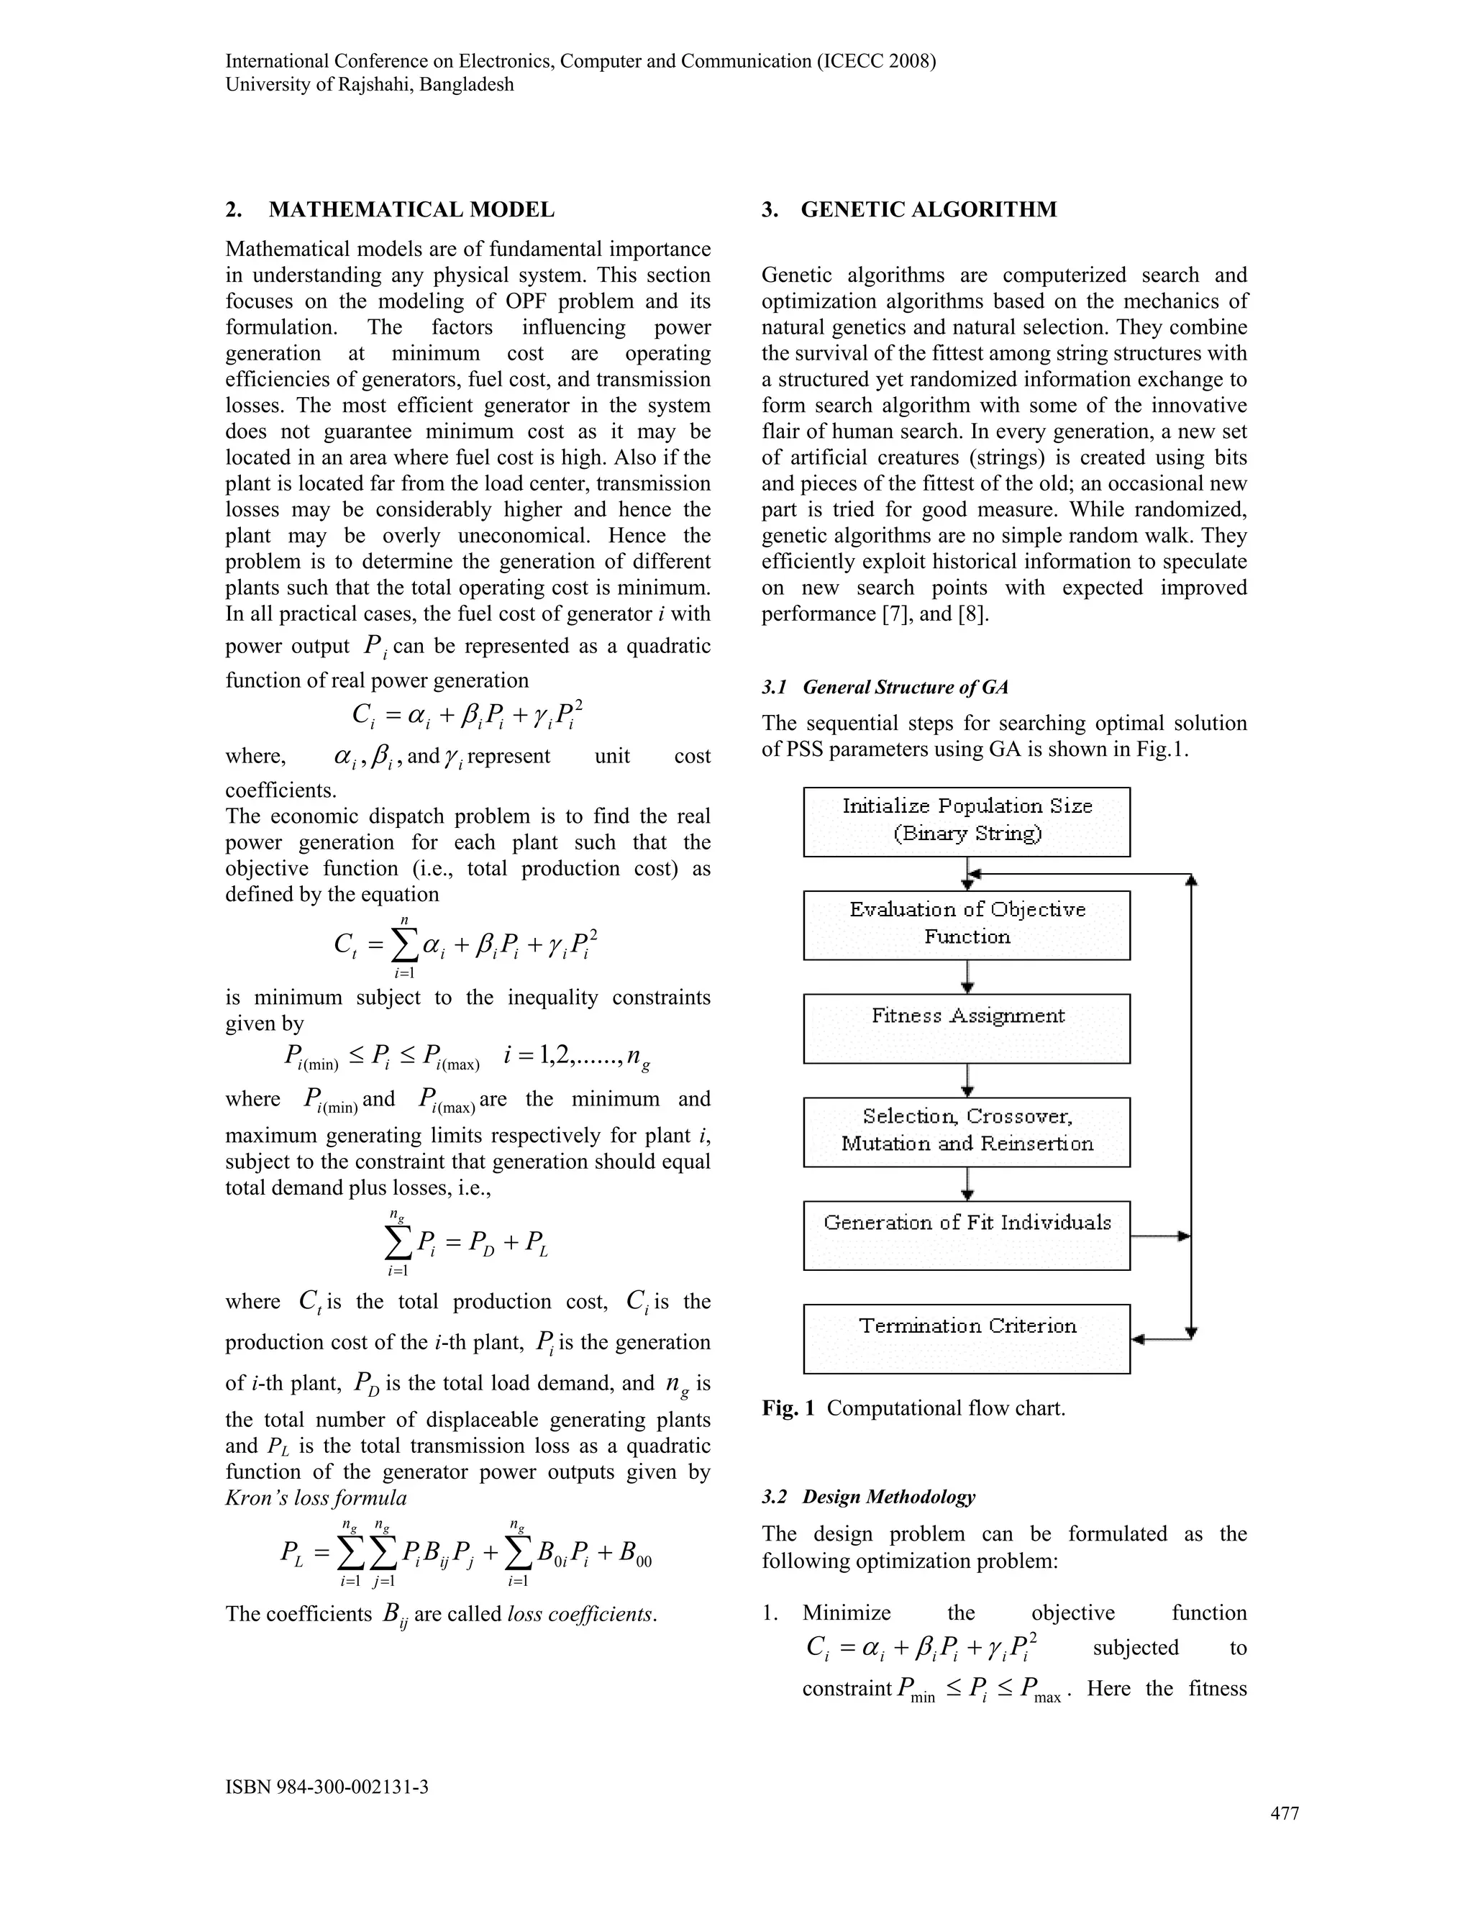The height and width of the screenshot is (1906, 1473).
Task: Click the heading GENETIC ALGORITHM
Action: click(928, 209)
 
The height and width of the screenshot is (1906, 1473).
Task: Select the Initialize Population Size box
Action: click(966, 821)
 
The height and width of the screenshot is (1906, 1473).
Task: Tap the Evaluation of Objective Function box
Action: click(966, 924)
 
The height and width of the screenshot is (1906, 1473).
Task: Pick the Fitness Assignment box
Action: click(966, 1027)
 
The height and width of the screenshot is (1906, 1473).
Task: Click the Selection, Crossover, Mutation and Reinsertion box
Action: click(966, 1131)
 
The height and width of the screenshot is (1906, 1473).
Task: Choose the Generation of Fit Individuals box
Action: click(966, 1234)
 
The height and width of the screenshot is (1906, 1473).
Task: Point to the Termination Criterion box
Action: click(966, 1338)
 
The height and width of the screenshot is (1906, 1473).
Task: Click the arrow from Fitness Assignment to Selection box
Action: click(967, 1080)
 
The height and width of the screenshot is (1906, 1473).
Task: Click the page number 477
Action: click(1284, 1813)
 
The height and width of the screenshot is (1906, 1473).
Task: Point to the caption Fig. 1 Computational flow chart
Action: click(913, 1408)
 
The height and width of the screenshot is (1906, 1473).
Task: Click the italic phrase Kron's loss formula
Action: click(316, 1497)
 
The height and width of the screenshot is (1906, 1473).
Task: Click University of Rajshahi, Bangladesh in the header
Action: click(369, 85)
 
